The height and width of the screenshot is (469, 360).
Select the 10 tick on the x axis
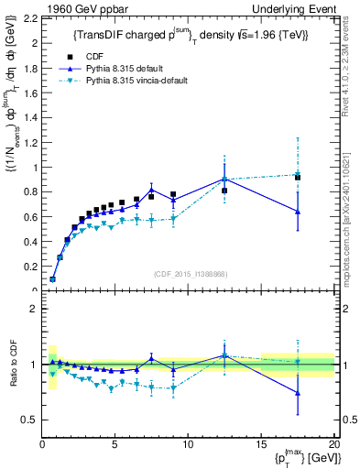coord(189,444)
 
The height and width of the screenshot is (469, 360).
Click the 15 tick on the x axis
coord(261,444)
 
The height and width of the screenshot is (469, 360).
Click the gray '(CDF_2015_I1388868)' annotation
coord(189,273)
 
